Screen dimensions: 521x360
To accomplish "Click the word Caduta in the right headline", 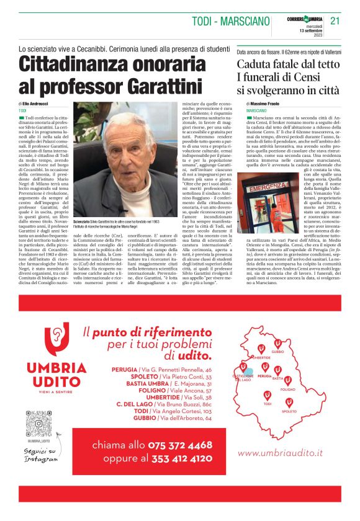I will tap(263, 64).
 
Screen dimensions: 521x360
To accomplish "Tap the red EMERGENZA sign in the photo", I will tap(269, 187).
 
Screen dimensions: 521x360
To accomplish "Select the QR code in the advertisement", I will tap(38, 424).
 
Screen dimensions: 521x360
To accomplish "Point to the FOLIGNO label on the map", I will tap(288, 389).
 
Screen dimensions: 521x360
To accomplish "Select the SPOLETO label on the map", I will tap(290, 411).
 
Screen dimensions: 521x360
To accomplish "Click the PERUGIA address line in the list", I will tap(163, 369).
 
